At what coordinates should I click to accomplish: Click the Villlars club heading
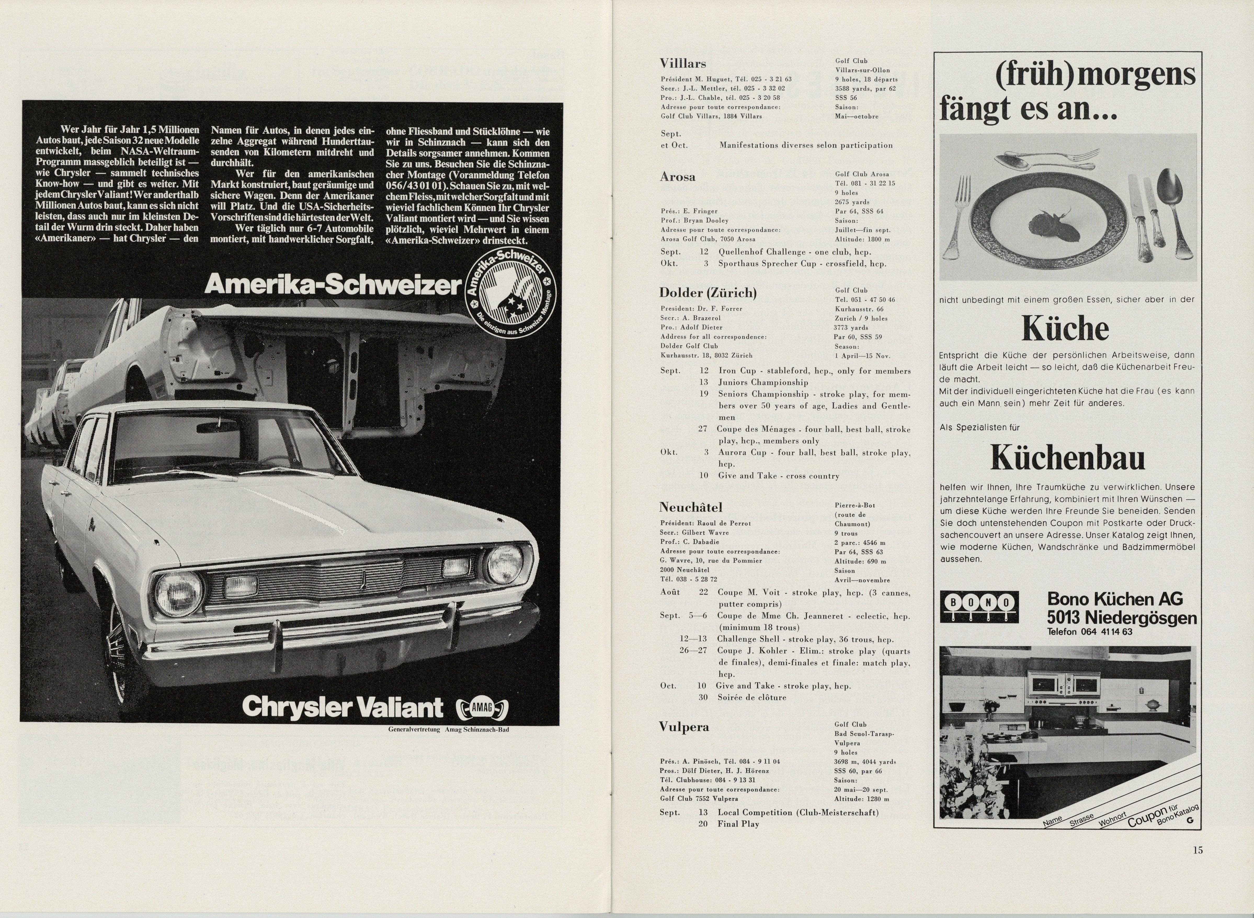(683, 63)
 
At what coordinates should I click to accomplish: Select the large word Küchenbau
(1067, 458)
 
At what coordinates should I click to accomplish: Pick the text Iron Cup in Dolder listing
(736, 371)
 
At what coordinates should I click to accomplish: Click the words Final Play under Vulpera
(738, 824)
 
